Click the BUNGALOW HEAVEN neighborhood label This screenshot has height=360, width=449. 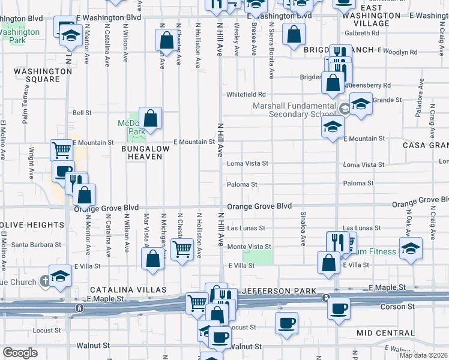coord(145,152)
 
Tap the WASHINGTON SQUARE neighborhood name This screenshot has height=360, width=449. coord(43,76)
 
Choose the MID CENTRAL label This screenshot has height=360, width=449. coord(385,332)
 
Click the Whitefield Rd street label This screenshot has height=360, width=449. coord(246,95)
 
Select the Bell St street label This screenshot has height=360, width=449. coord(82,112)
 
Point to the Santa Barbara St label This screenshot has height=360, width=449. coord(37,245)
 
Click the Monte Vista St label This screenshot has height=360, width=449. coord(249,247)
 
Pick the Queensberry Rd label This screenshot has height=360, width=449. coord(369,85)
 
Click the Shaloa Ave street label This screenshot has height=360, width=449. coord(304,228)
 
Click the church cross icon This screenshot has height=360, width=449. coord(45,280)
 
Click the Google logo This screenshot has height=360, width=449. coord(20,353)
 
